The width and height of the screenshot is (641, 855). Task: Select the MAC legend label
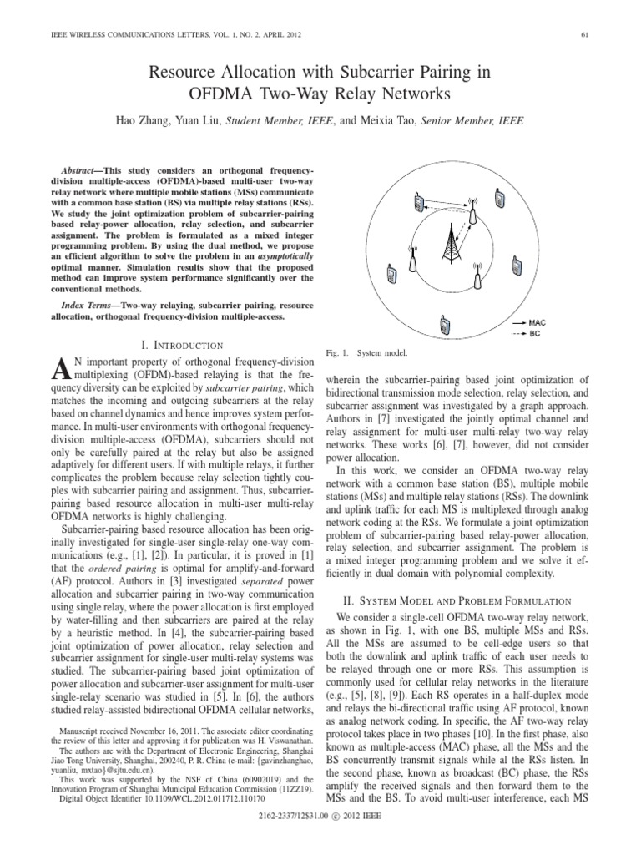coord(538,321)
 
